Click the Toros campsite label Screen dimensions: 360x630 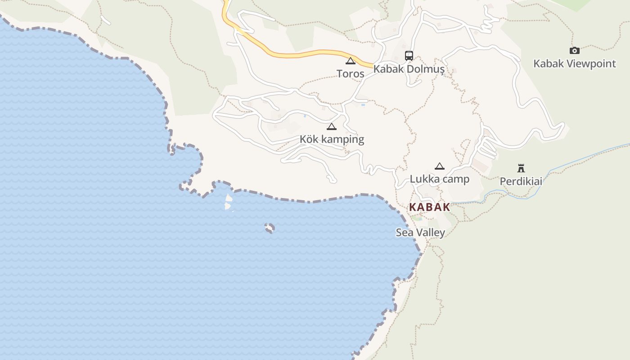coord(350,73)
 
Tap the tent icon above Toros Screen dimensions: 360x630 coord(350,61)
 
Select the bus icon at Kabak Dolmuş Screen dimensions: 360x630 coord(409,56)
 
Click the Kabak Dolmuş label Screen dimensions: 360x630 coord(409,69)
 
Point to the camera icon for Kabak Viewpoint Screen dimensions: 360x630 coord(575,50)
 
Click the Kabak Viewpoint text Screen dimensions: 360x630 coord(574,63)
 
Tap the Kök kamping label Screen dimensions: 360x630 coord(332,139)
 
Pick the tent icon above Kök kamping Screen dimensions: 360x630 coord(332,126)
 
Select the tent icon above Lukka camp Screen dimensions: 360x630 coord(439,166)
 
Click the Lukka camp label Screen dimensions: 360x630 coord(439,179)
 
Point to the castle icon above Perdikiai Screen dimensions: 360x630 coord(521,168)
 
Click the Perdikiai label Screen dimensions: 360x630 coord(521,181)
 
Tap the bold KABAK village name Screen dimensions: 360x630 coord(429,207)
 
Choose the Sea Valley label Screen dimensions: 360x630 coord(420,233)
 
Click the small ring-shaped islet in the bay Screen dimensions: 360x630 coord(270,228)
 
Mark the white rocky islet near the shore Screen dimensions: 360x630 coord(229,201)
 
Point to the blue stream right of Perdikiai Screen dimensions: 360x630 coord(585,157)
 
